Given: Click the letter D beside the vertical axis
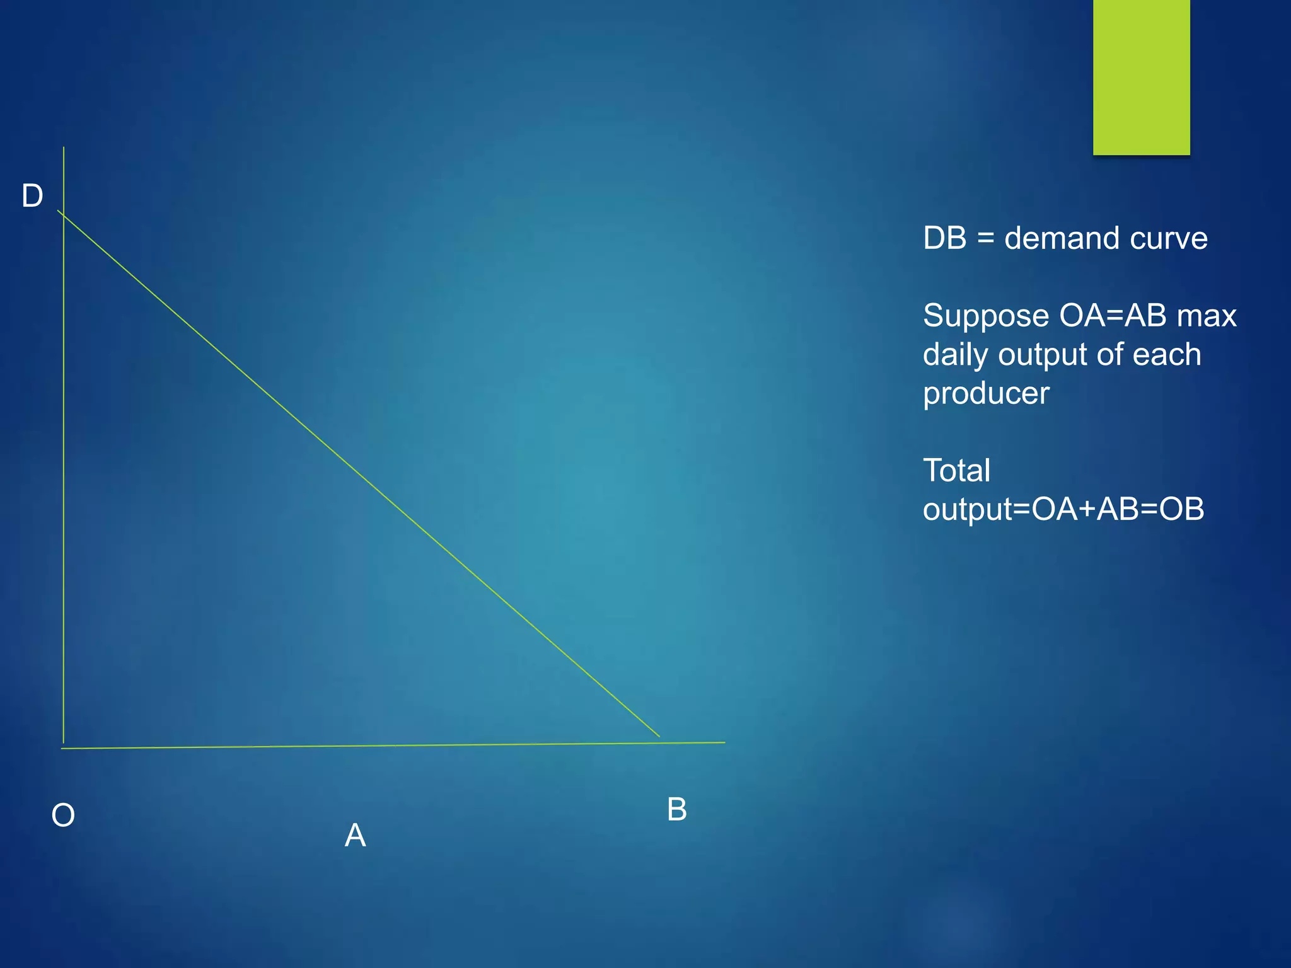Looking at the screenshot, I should (x=32, y=196).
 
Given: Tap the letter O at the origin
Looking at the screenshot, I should (x=63, y=815).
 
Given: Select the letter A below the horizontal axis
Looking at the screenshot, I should (x=356, y=836).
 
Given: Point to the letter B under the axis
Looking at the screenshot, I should (x=676, y=809).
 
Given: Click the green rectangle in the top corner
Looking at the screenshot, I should (x=1141, y=77).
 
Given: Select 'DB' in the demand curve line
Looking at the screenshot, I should (x=944, y=239).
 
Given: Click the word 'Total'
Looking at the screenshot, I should (x=956, y=471).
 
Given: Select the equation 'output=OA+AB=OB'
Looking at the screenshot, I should (x=1063, y=509).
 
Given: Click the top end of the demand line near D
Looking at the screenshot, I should (x=59, y=212).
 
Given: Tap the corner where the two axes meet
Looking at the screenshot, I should (x=63, y=747).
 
